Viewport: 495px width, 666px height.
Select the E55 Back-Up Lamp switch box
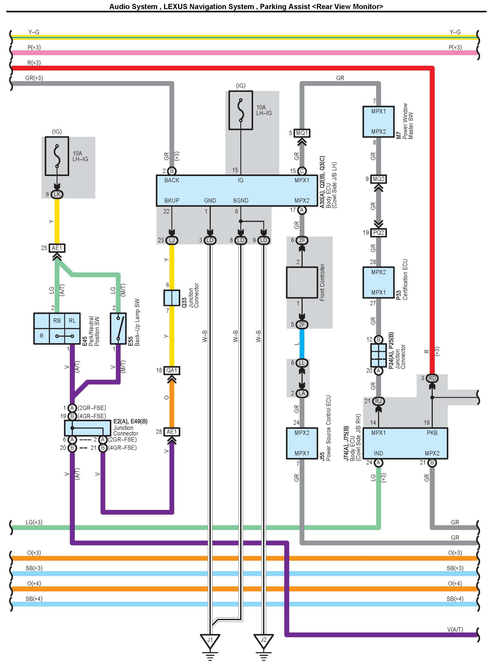tap(118, 329)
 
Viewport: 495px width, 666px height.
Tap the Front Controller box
tap(302, 282)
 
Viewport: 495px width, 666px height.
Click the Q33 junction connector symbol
tap(172, 298)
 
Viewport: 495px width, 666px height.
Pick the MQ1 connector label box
tap(302, 133)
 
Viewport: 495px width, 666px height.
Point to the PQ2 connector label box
tap(378, 233)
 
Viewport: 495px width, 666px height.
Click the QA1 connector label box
tap(172, 370)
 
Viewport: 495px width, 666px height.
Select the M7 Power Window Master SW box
tap(378, 121)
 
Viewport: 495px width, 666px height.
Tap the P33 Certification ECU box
tap(378, 282)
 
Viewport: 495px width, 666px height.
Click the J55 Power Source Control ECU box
tap(302, 443)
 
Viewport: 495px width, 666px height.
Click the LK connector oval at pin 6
tap(57, 194)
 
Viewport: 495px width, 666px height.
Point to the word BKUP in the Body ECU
tap(172, 200)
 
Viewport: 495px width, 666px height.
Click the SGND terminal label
tap(241, 200)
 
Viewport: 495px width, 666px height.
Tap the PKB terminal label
tap(432, 433)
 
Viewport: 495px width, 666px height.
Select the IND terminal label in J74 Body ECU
tap(378, 453)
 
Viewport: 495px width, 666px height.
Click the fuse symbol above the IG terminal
tap(241, 110)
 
